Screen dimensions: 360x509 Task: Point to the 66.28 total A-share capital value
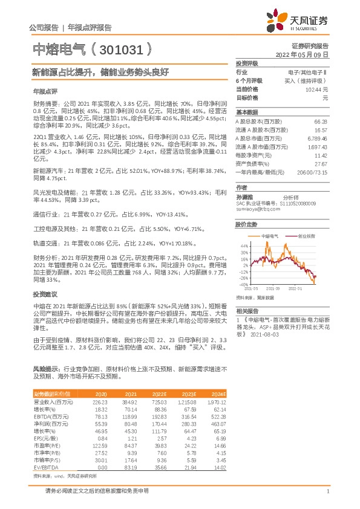tap(321, 122)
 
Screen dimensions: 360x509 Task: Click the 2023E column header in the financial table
tap(188, 394)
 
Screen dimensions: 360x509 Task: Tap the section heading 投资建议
tap(45, 293)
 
